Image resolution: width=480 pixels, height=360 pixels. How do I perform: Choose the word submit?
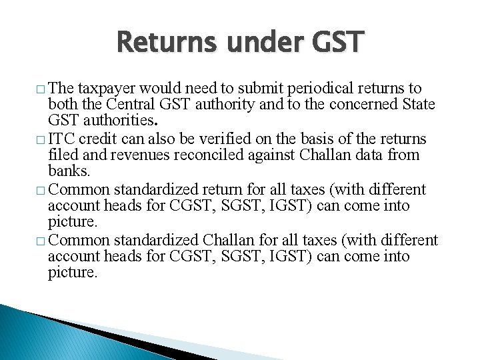pyautogui.click(x=265, y=88)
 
